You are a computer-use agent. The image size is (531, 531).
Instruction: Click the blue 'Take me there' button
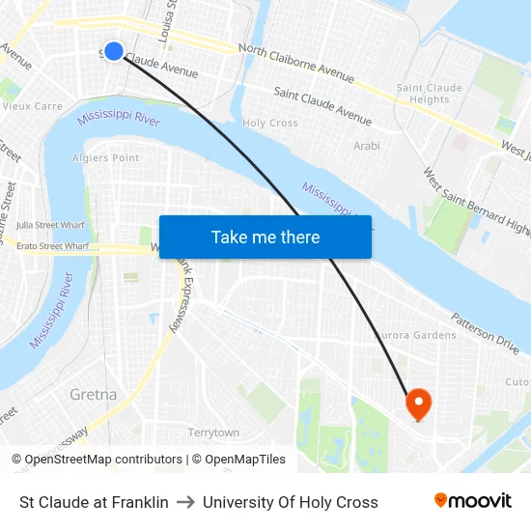pos(265,237)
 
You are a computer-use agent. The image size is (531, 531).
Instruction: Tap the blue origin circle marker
pos(114,51)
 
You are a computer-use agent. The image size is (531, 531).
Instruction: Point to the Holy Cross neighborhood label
pos(270,124)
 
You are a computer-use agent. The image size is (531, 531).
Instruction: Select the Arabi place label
pos(366,146)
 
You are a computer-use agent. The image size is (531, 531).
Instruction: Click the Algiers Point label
pos(106,157)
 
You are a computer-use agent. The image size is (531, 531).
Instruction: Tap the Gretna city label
pos(94,394)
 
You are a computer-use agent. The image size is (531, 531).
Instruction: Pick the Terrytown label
pos(213,433)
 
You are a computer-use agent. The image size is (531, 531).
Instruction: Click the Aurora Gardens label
pos(415,335)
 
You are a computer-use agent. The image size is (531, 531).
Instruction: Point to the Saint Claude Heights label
pos(430,94)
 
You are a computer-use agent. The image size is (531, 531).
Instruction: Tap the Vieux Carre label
pos(33,106)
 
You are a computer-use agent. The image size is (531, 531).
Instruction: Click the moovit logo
pos(472,501)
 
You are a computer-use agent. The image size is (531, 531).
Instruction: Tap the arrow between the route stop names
pos(185,502)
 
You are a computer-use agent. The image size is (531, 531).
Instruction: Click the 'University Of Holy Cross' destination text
pos(290,502)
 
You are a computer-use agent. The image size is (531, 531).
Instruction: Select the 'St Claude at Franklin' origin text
pos(94,502)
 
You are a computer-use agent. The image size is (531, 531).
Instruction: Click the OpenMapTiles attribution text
pos(238,460)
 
